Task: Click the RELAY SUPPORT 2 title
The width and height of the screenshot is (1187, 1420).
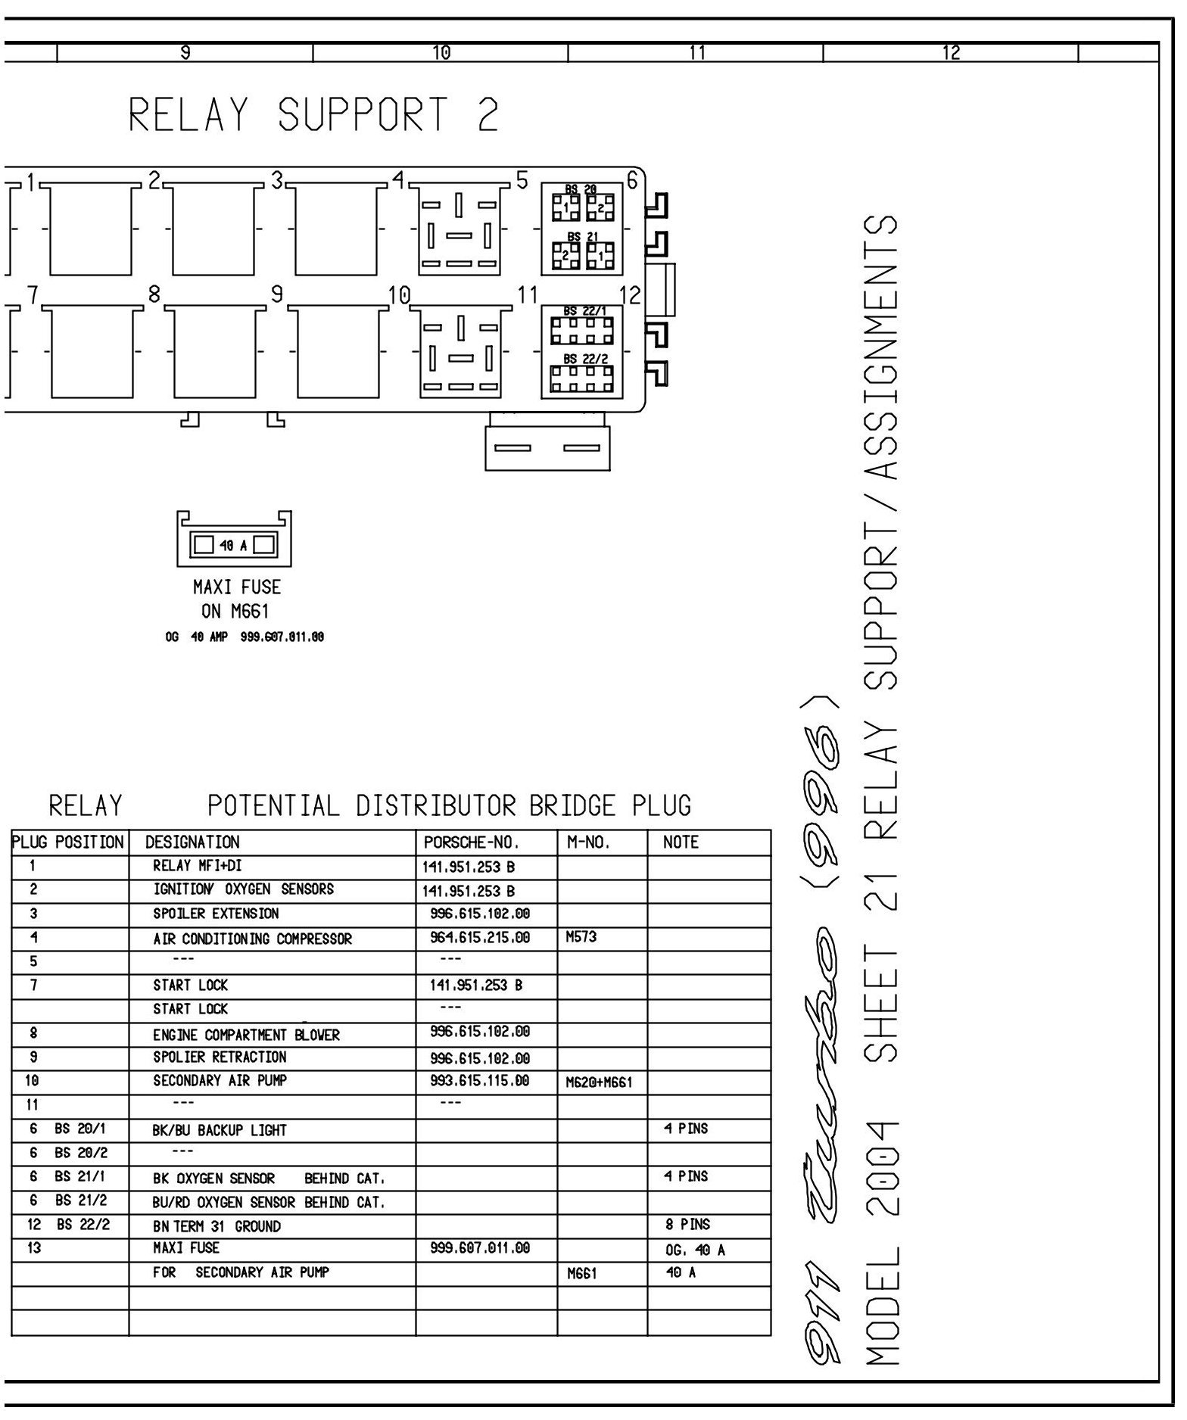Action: click(314, 116)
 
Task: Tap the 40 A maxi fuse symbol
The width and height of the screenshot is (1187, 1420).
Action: click(234, 544)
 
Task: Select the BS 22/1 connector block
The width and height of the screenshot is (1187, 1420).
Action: click(582, 328)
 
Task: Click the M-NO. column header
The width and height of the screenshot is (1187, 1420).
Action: click(587, 842)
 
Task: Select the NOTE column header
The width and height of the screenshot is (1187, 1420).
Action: click(681, 842)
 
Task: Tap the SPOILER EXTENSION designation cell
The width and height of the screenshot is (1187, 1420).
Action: click(216, 914)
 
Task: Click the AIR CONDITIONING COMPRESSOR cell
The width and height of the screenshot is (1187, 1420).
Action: click(252, 939)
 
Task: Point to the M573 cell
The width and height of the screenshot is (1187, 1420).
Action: click(581, 937)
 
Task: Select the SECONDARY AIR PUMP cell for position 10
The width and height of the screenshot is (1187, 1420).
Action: click(220, 1080)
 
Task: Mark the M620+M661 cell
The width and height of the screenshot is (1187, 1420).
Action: click(599, 1082)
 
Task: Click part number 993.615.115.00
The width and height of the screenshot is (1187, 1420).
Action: click(480, 1081)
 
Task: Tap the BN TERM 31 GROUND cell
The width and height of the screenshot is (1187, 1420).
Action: click(217, 1226)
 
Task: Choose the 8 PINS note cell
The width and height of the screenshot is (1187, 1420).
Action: click(686, 1225)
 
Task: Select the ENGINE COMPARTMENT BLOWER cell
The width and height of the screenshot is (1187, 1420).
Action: click(246, 1035)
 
